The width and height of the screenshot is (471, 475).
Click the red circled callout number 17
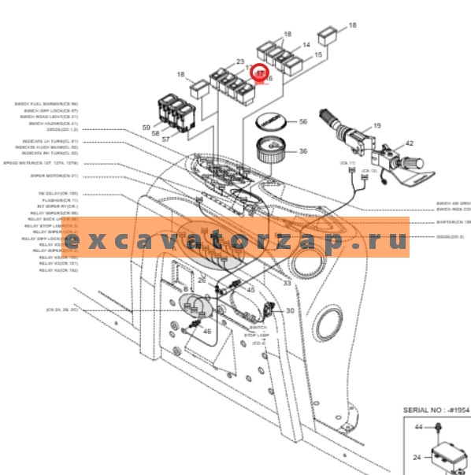[261, 72]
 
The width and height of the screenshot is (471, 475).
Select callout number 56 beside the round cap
[302, 122]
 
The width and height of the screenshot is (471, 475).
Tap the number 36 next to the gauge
[302, 152]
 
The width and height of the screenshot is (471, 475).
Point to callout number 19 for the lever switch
[376, 126]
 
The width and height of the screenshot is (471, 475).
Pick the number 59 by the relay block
[146, 128]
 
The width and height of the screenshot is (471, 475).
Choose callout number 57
[165, 139]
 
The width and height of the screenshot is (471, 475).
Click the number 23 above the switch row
[240, 61]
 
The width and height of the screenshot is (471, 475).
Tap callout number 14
[306, 46]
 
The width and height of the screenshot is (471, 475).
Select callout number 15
[318, 55]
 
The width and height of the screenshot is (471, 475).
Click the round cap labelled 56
[271, 123]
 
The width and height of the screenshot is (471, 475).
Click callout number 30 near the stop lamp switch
[290, 310]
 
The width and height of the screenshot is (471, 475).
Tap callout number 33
[287, 282]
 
